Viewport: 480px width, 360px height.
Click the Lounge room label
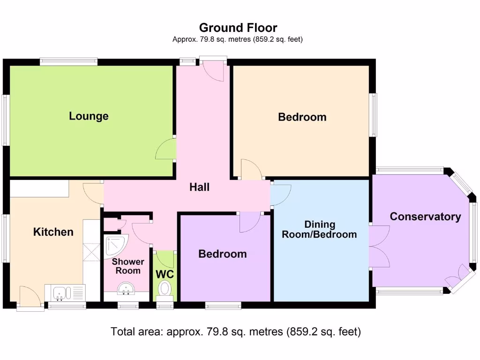click(89, 116)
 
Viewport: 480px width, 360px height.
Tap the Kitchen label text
click(53, 232)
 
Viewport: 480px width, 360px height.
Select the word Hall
click(199, 187)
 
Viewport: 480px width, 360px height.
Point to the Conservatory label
click(425, 217)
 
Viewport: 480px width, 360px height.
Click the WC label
click(165, 274)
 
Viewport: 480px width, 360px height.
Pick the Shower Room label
click(128, 266)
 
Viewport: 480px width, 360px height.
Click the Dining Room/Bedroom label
click(319, 230)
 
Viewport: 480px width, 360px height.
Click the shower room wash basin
click(126, 288)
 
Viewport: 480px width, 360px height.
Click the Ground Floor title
click(238, 28)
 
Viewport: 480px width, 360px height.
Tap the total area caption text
click(236, 331)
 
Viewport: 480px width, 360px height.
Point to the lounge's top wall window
click(68, 61)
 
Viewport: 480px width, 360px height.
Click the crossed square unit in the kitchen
click(91, 252)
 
